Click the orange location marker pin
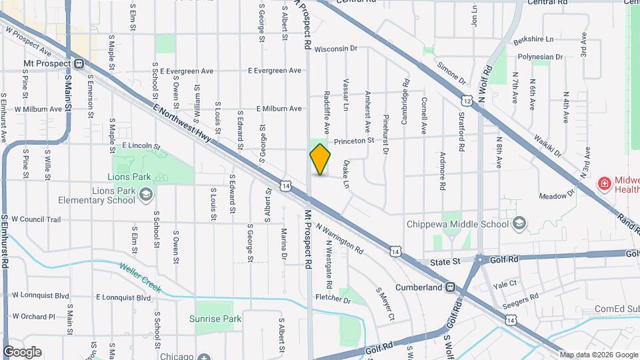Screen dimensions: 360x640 tap(320, 159)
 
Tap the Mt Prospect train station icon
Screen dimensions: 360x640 tap(79, 64)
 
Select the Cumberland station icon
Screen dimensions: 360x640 tap(451, 287)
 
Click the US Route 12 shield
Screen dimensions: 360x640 tap(467, 101)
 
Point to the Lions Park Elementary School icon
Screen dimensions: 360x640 tap(146, 195)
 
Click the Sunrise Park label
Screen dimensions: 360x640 tap(215, 319)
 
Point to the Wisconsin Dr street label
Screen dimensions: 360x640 tap(336, 49)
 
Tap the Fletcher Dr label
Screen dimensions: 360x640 tap(333, 299)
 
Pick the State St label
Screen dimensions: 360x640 tap(446, 261)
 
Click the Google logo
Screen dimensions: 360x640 tap(22, 352)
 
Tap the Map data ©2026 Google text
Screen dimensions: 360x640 tap(597, 355)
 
